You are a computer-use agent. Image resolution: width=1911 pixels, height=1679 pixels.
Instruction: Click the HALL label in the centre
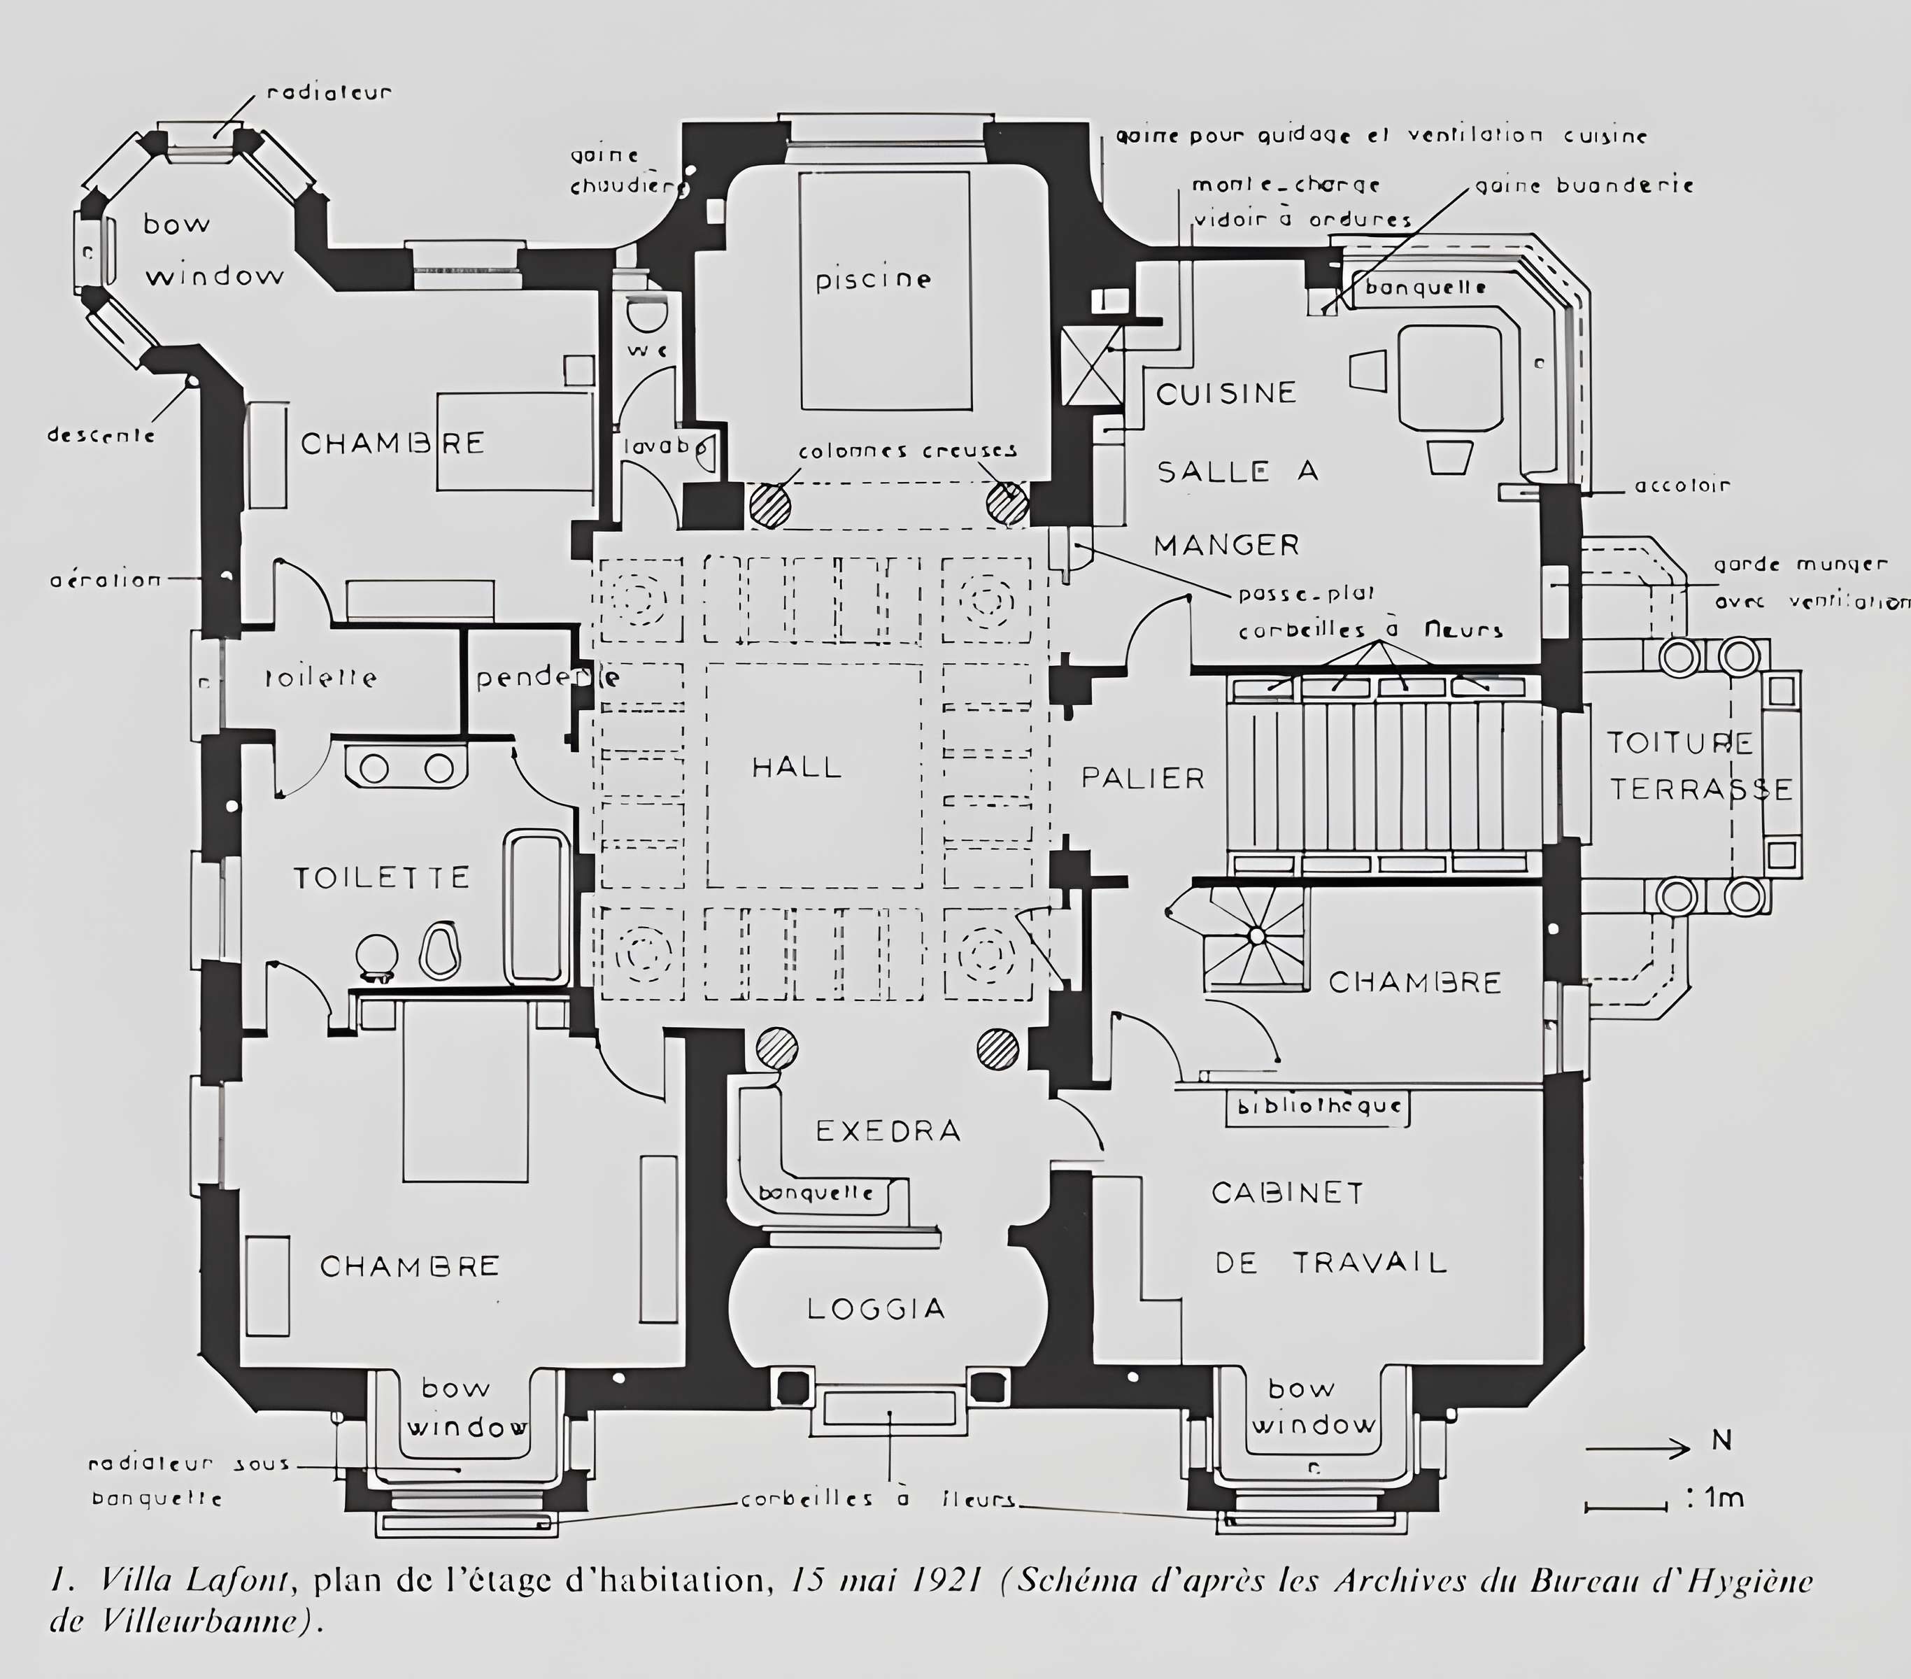point(797,767)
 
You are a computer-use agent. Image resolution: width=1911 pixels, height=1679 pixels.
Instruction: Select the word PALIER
point(1142,778)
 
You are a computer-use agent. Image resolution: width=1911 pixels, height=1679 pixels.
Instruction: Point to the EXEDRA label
point(888,1131)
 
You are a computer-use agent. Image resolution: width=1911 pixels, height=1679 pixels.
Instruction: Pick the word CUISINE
point(1226,394)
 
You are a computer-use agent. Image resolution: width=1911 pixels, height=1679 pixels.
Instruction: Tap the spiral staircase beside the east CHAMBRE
point(1256,937)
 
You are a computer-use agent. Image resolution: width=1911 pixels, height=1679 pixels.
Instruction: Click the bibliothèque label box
point(1319,1107)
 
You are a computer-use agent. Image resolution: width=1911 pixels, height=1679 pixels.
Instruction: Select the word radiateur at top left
point(329,92)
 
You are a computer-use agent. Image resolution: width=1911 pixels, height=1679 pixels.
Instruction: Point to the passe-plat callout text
point(1306,595)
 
